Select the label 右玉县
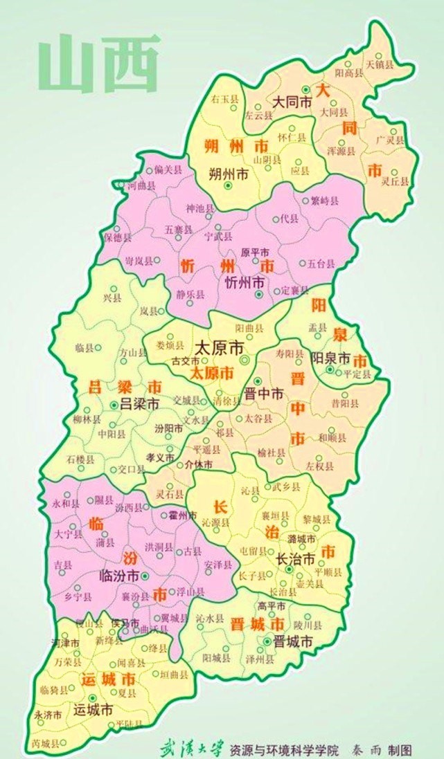pyautogui.click(x=226, y=99)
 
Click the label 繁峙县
pyautogui.click(x=325, y=201)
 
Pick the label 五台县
pyautogui.click(x=321, y=264)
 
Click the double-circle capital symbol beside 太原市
pyautogui.click(x=244, y=360)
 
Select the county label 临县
pyautogui.click(x=84, y=347)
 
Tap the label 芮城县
pyautogui.click(x=46, y=744)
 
